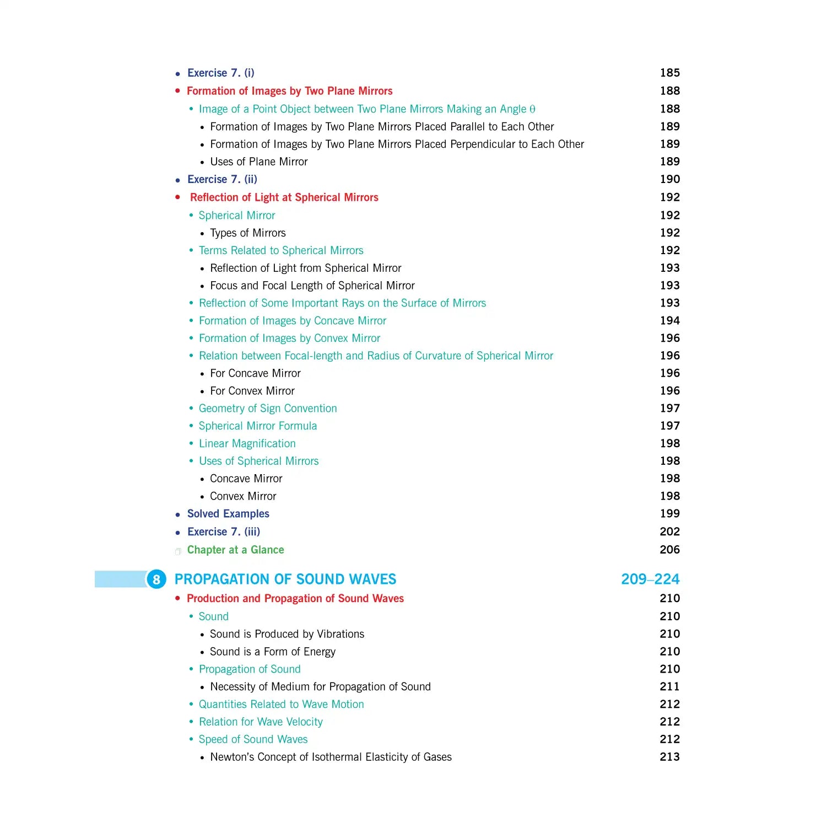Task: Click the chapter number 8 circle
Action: (156, 579)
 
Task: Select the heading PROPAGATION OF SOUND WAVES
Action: (285, 579)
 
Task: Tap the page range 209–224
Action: (650, 579)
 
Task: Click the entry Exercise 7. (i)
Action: (220, 73)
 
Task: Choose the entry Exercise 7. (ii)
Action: (222, 179)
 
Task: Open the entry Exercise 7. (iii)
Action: (223, 531)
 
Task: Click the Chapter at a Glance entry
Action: (235, 550)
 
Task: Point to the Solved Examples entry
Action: (228, 514)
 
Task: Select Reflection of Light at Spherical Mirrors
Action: (284, 197)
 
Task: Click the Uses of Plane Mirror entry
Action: (258, 162)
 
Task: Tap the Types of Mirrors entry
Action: (247, 233)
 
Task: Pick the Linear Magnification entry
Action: (247, 443)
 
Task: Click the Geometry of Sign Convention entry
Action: (268, 408)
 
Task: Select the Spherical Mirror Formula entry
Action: (257, 426)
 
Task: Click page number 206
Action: (669, 550)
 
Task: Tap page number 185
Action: (669, 73)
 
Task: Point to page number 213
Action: (669, 757)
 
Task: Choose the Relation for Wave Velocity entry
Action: (261, 722)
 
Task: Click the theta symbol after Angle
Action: (532, 109)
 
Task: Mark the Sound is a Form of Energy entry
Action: (272, 652)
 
